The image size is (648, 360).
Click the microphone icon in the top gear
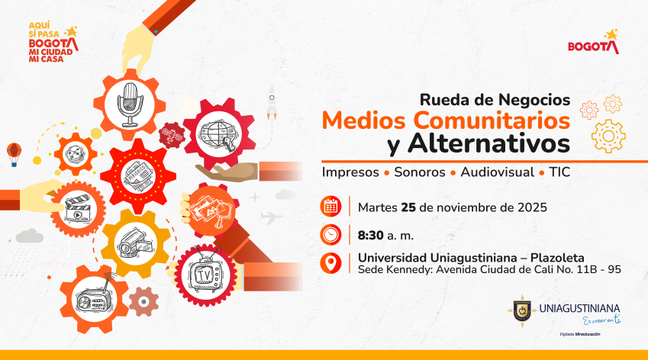pyautogui.click(x=129, y=104)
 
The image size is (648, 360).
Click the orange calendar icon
pyautogui.click(x=330, y=206)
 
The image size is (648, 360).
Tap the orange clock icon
pyautogui.click(x=330, y=234)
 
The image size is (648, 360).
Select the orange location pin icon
pyautogui.click(x=330, y=263)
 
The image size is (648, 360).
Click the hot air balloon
pyautogui.click(x=14, y=153)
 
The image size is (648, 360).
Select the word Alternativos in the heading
pyautogui.click(x=488, y=143)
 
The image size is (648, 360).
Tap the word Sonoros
pyautogui.click(x=419, y=172)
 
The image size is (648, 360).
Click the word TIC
pyautogui.click(x=559, y=172)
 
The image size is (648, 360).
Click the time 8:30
pyautogui.click(x=373, y=235)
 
